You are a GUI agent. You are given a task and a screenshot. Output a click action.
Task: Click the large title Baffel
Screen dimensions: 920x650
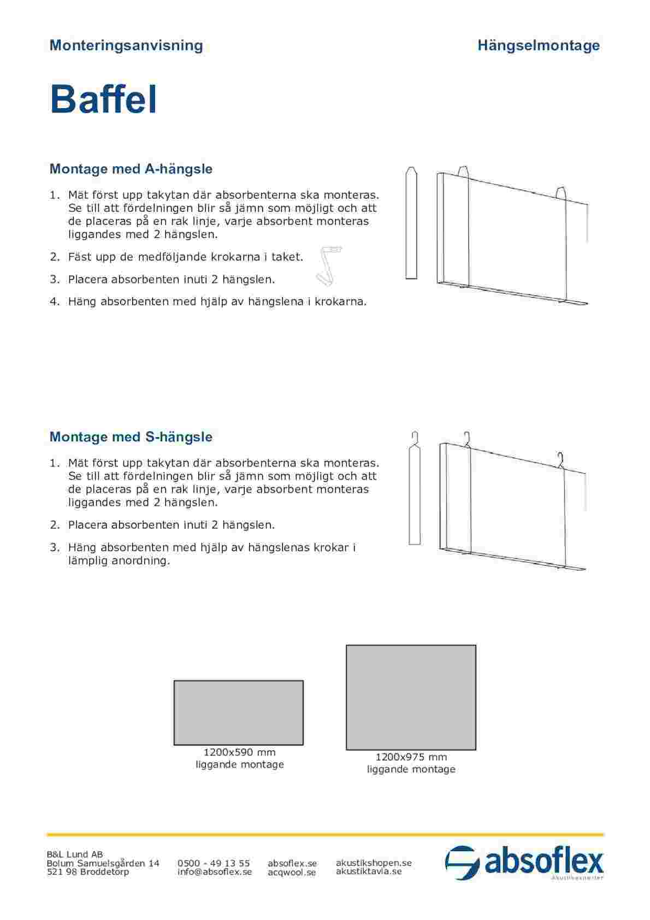coord(103,99)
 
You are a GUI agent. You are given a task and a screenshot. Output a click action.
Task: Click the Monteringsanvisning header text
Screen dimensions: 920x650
coord(126,45)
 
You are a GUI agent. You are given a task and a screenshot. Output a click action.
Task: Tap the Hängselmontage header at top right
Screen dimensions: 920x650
coord(539,45)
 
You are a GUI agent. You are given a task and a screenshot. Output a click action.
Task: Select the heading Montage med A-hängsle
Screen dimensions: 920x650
coord(131,169)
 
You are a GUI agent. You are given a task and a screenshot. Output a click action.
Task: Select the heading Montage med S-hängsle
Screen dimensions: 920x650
coord(131,437)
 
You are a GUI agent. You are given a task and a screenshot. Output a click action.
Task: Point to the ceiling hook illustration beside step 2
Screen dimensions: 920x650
coord(328,265)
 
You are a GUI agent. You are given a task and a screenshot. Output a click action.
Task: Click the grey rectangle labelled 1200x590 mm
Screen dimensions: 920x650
coord(239,712)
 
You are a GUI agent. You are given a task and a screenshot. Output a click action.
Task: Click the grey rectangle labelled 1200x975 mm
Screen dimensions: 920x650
coord(411,697)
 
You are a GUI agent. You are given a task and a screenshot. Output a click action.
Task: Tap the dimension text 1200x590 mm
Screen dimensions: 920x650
coord(239,752)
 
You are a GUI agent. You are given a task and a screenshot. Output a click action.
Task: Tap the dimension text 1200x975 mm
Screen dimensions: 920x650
coord(411,757)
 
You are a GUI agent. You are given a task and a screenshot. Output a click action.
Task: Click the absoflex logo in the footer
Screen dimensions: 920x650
coord(524,863)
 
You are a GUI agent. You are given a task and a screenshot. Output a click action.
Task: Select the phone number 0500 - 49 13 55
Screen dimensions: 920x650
coord(214,863)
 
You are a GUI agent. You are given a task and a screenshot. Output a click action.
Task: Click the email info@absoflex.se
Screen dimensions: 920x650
coord(215,872)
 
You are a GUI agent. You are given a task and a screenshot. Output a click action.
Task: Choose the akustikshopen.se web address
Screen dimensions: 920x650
coord(374,863)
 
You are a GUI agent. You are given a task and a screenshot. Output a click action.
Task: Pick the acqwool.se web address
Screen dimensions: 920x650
coord(292,872)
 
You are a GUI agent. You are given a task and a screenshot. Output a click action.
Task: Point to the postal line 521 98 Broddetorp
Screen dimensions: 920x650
coord(88,872)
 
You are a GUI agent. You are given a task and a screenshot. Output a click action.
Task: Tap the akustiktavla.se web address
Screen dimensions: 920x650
coord(369,871)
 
